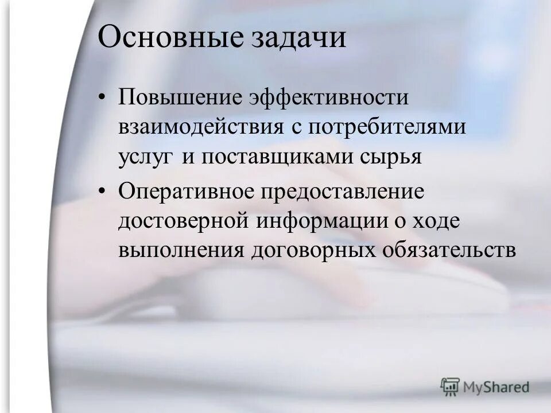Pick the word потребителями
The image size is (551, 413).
coord(387,128)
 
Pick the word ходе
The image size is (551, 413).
coord(436,221)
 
